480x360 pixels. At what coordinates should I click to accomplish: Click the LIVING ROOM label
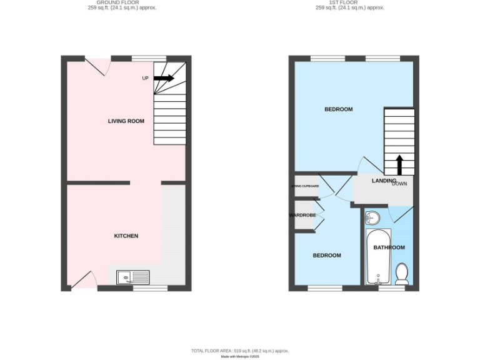(x=126, y=121)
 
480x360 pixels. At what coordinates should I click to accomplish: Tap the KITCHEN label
(x=126, y=236)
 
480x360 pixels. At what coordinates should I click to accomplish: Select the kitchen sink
(x=133, y=276)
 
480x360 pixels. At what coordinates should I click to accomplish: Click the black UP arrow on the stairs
(x=164, y=78)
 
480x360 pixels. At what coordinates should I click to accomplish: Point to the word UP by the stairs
(x=146, y=78)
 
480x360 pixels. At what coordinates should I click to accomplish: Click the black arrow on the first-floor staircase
(x=399, y=165)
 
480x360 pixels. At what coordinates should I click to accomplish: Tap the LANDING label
(x=384, y=181)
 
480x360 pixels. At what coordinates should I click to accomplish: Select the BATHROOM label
(x=389, y=247)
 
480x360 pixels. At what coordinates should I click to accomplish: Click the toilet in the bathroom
(x=402, y=273)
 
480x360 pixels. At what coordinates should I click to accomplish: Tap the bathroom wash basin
(x=372, y=217)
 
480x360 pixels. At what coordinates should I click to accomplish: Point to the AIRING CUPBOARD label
(x=305, y=186)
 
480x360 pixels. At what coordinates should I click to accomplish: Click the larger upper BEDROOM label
(x=338, y=109)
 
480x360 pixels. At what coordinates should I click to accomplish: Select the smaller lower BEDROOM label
(x=327, y=256)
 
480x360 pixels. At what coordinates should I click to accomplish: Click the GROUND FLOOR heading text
(x=122, y=2)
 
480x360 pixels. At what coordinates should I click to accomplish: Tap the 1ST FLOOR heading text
(x=350, y=2)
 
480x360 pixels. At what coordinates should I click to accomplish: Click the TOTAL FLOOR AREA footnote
(x=240, y=351)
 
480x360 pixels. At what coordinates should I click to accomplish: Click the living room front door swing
(x=97, y=66)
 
